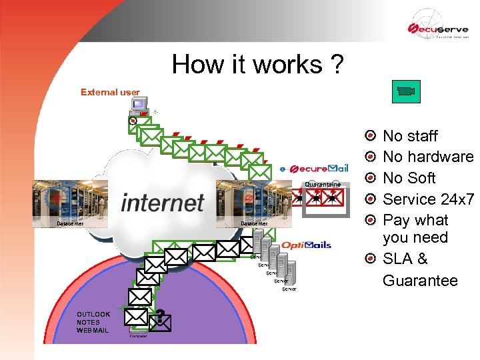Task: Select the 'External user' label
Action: [x=110, y=92]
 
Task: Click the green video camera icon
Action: [x=405, y=91]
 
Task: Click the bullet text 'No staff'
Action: [x=410, y=136]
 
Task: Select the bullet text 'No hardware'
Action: [x=427, y=157]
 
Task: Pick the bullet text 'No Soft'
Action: [x=409, y=178]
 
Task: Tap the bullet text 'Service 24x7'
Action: [x=427, y=199]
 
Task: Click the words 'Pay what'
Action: [x=415, y=220]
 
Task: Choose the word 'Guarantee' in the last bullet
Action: [x=420, y=281]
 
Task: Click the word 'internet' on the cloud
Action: [x=163, y=202]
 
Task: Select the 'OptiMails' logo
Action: [x=306, y=245]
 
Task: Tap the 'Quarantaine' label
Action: [x=323, y=184]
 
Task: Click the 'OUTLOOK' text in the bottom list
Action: [x=93, y=314]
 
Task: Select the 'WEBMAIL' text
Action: [x=93, y=331]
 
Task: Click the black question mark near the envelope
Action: [x=161, y=316]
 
